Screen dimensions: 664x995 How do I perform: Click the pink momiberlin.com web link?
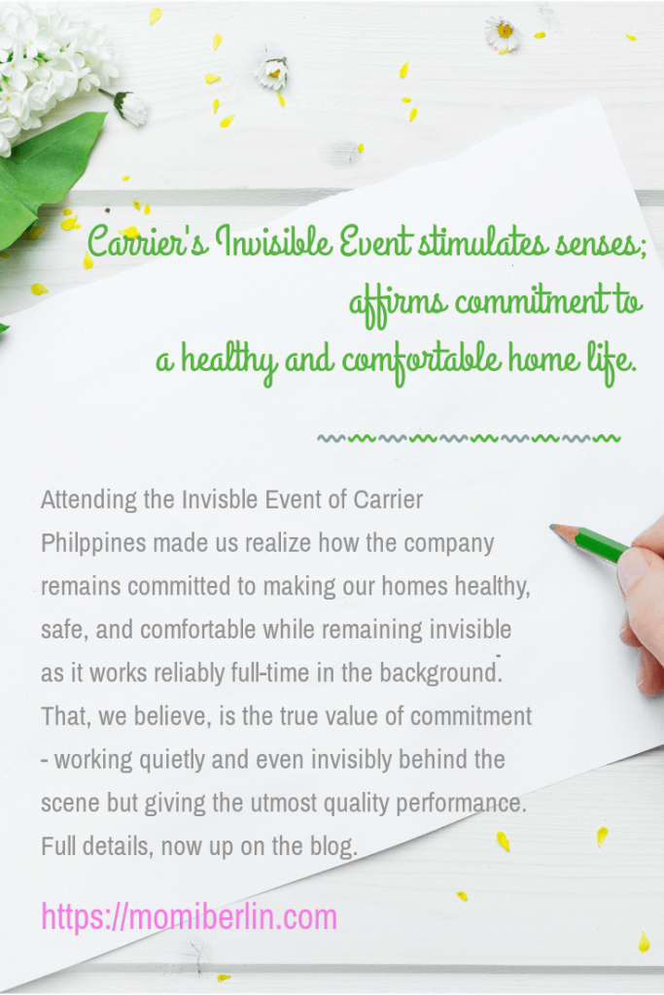[x=190, y=918]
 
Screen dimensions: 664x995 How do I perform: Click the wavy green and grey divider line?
[x=469, y=438]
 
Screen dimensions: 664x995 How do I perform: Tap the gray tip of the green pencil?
[x=556, y=528]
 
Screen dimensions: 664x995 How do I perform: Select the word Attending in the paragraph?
[x=88, y=500]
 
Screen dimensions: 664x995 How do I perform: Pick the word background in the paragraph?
[x=440, y=672]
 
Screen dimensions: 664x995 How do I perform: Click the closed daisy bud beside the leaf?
[x=130, y=107]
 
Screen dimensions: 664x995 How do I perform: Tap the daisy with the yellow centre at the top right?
[x=504, y=34]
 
